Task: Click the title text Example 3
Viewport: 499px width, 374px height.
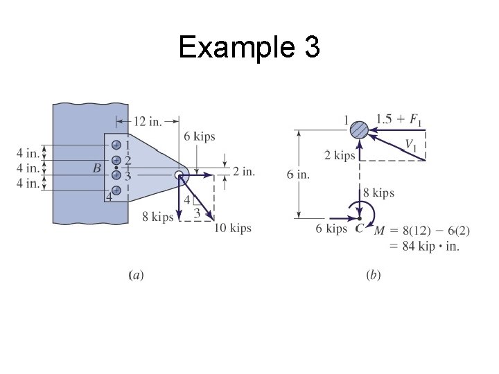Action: pyautogui.click(x=249, y=48)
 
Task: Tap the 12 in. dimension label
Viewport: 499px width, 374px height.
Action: pyautogui.click(x=146, y=122)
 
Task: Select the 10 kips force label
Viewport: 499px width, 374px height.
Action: pyautogui.click(x=232, y=228)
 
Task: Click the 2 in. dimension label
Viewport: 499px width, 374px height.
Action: pyautogui.click(x=243, y=171)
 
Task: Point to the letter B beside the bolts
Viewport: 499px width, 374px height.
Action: pyautogui.click(x=96, y=168)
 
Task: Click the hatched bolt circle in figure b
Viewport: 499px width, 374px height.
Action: pyautogui.click(x=358, y=129)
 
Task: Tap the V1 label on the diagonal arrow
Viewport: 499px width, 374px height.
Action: pyautogui.click(x=412, y=145)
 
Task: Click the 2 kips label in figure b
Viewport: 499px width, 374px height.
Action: pyautogui.click(x=339, y=155)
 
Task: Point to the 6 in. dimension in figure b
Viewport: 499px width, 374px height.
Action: pyautogui.click(x=298, y=174)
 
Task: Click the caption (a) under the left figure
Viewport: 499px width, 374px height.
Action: pyautogui.click(x=137, y=276)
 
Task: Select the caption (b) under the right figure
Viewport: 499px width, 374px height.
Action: pyautogui.click(x=373, y=276)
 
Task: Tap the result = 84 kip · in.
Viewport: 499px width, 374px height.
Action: pyautogui.click(x=424, y=245)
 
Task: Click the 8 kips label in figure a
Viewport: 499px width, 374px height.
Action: pyautogui.click(x=158, y=217)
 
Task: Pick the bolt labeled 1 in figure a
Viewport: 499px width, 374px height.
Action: pyautogui.click(x=116, y=145)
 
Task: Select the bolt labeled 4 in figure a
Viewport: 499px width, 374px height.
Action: pyautogui.click(x=116, y=190)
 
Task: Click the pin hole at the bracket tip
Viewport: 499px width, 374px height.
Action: pyautogui.click(x=179, y=175)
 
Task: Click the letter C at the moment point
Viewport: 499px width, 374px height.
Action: pyautogui.click(x=359, y=229)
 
